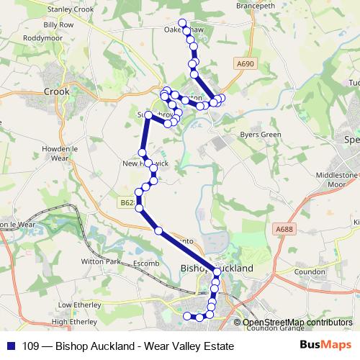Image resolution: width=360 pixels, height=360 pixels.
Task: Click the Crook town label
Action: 56,91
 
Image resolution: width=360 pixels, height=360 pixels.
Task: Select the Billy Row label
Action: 58,24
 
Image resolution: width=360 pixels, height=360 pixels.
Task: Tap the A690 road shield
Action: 245,64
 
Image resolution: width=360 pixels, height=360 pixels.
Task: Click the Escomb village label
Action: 146,264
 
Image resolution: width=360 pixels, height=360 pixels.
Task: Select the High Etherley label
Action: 74,322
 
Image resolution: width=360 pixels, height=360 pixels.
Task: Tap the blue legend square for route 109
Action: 12,346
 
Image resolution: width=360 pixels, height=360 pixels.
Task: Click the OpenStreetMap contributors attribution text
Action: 297,323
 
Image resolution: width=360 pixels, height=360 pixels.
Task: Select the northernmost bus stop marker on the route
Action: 182,22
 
